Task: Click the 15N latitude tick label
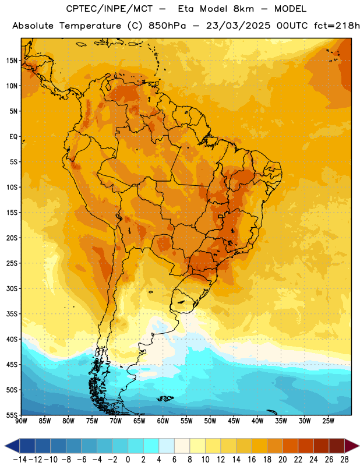(x=12, y=61)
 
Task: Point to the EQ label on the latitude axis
(x=13, y=137)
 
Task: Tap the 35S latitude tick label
(x=12, y=314)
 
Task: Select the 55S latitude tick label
(x=12, y=415)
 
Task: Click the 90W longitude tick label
(x=21, y=421)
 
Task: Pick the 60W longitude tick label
(x=163, y=421)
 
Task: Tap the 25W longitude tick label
(x=328, y=421)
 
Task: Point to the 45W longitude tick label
(x=234, y=421)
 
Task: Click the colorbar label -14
(x=20, y=460)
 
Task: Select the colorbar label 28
(x=344, y=460)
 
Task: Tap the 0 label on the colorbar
(x=128, y=460)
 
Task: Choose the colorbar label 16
(x=252, y=460)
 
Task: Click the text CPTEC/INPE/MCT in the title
(x=110, y=9)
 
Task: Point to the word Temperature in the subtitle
(x=90, y=26)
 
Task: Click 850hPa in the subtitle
(x=167, y=26)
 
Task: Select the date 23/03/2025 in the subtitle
(x=238, y=26)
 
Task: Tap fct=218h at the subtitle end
(x=337, y=26)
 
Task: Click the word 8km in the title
(x=243, y=9)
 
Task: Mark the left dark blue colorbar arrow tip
(x=5, y=446)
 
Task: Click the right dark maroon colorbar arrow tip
(x=359, y=446)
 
